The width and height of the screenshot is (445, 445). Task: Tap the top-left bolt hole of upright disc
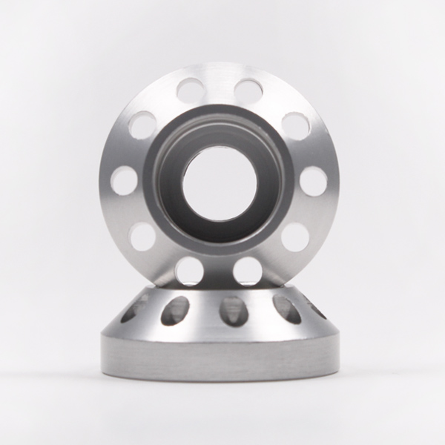coord(191,91)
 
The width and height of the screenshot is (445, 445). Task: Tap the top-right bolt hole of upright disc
coord(248,91)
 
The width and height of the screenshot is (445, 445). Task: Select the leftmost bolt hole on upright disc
coord(125,180)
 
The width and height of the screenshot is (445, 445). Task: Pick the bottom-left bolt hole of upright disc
coord(190,271)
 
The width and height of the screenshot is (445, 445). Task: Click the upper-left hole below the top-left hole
coord(143,125)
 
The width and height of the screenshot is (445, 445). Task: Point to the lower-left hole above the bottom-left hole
coord(142,237)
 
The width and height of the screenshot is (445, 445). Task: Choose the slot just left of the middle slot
coord(175,311)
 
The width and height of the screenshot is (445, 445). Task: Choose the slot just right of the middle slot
coord(286,309)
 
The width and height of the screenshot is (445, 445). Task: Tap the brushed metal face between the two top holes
coord(220,82)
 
